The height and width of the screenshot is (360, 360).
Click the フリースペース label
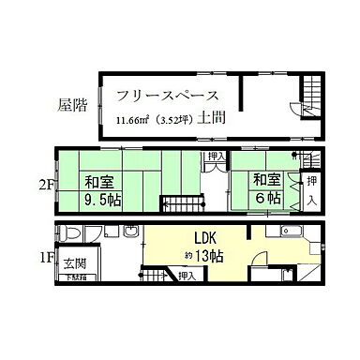coord(169,96)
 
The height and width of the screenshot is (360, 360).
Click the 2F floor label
coord(46,185)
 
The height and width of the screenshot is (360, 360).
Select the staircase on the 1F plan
coord(154,276)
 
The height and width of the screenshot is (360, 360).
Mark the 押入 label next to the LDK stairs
coord(187,276)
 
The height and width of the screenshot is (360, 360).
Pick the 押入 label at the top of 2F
coord(216,157)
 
